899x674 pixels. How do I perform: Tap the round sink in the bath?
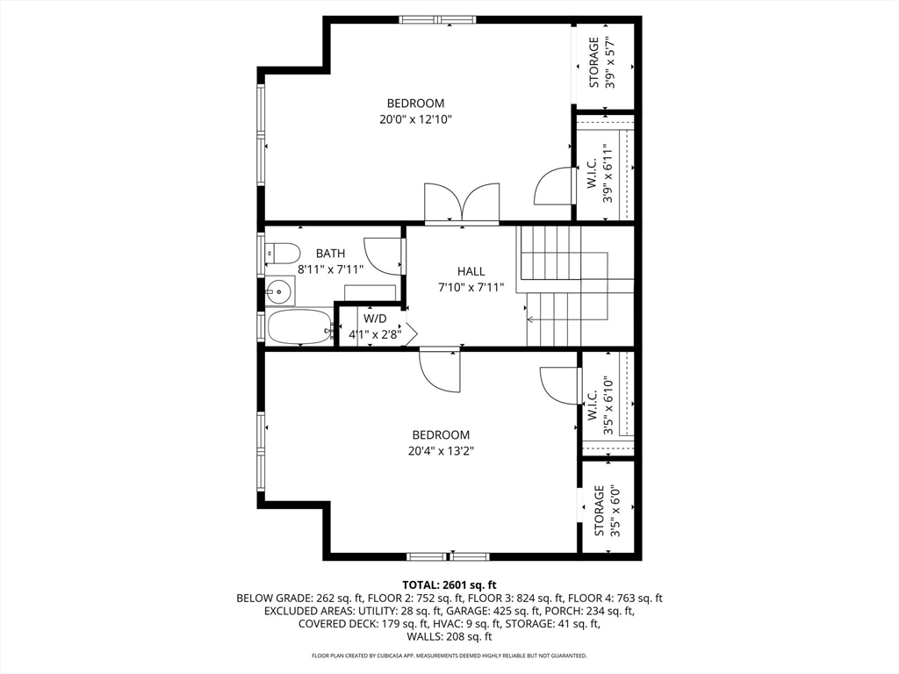coord(281,289)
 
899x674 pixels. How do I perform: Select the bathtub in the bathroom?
coord(298,327)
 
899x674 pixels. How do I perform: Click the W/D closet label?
coord(375,318)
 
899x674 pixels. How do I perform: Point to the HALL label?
coord(471,271)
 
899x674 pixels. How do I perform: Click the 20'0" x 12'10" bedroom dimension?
coord(415,119)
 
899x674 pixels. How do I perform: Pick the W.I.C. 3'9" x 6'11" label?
coord(601,172)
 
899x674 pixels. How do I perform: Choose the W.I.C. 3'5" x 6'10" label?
coord(601,405)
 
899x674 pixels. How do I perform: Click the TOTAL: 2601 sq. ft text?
coord(449,584)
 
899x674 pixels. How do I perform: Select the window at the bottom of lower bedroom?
coord(448,556)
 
